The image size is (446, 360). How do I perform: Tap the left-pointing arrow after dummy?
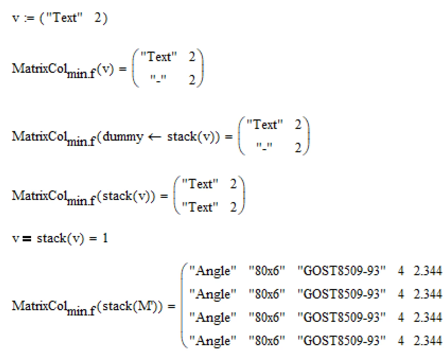click(x=155, y=137)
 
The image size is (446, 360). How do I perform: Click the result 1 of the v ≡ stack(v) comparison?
click(x=105, y=238)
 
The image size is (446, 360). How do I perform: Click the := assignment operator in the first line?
click(x=29, y=18)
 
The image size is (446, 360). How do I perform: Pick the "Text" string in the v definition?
click(x=64, y=17)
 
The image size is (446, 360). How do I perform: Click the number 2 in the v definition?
click(x=98, y=18)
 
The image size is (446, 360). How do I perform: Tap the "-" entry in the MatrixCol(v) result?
click(x=158, y=79)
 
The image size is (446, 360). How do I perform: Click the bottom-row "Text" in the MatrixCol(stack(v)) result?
click(x=200, y=207)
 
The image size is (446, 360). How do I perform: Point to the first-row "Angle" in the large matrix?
click(x=213, y=271)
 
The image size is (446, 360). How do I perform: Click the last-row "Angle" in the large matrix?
click(x=213, y=341)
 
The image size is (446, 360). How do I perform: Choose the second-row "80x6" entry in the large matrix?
click(x=267, y=294)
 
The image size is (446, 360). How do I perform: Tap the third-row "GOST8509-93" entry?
click(x=341, y=317)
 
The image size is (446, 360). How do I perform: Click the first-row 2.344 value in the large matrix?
click(x=428, y=270)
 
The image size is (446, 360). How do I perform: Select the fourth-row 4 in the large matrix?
click(x=401, y=340)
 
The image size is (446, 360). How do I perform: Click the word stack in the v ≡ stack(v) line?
click(x=52, y=238)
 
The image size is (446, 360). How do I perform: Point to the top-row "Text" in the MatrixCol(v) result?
click(x=159, y=57)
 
